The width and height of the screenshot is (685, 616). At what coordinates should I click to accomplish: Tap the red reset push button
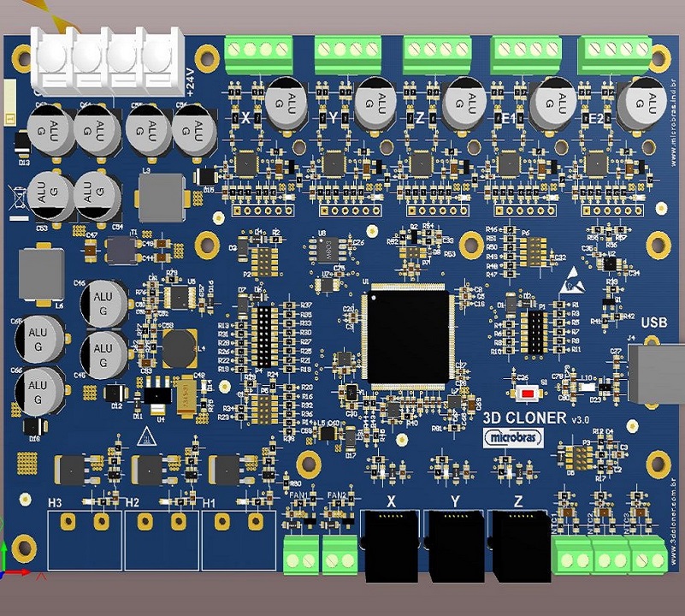529,393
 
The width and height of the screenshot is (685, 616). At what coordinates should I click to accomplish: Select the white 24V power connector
109,58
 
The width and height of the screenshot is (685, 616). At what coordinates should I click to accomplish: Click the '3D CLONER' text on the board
524,418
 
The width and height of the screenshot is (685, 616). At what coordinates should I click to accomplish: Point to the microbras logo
514,437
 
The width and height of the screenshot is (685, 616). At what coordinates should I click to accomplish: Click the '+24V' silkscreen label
191,82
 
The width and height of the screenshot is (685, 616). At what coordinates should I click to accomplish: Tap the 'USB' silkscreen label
655,323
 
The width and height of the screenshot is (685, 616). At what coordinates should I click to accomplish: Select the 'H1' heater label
210,502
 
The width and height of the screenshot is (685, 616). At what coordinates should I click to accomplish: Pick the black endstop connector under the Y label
455,544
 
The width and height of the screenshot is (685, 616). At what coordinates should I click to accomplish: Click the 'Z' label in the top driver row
420,117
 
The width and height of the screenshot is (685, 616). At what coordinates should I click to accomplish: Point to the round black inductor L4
180,346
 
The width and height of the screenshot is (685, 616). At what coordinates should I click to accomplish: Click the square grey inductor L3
161,198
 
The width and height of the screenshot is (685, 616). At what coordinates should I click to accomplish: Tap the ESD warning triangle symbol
572,275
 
